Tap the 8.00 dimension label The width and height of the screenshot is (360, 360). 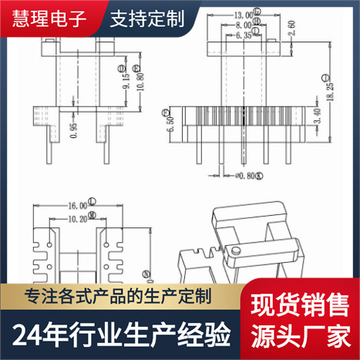coord(247,25)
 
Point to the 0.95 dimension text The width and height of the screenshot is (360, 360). coord(72,130)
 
